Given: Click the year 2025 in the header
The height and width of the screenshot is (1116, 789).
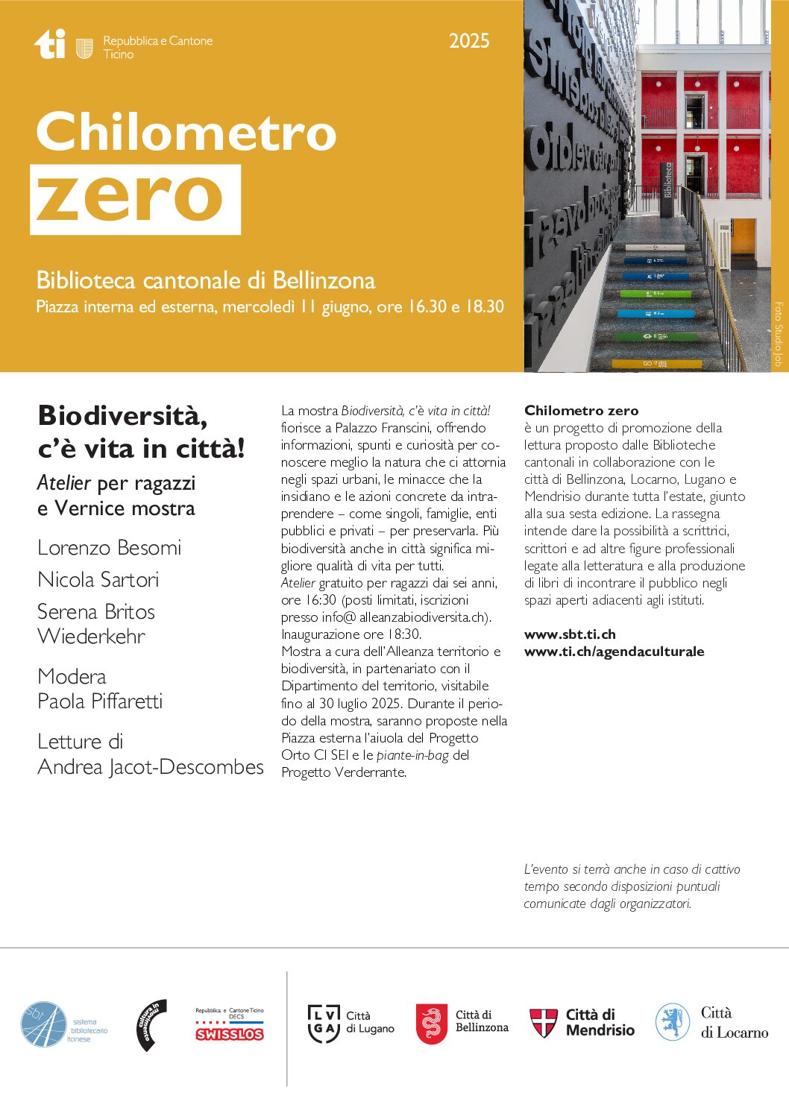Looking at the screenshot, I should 469,41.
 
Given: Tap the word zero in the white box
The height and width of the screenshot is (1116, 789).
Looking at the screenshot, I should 130,198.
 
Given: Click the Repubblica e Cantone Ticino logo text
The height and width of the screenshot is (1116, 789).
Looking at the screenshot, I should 157,47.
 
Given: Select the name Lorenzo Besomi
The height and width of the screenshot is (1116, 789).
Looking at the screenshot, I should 110,548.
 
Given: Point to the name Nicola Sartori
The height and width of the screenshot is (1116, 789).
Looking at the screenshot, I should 98,580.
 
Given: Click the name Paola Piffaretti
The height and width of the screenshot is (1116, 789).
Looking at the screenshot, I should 100,702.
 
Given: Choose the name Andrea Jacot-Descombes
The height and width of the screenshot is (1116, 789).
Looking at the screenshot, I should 151,767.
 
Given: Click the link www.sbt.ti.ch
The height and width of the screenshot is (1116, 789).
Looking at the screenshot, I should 570,634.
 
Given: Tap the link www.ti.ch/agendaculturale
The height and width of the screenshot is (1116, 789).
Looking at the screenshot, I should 614,652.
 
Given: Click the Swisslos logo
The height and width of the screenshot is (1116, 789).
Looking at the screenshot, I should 230,1033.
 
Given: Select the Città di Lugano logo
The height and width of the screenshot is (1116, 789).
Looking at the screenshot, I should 351,1023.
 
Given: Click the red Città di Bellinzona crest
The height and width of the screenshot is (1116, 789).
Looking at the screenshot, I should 432,1023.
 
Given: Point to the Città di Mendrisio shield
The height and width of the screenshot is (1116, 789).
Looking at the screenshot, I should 544,1023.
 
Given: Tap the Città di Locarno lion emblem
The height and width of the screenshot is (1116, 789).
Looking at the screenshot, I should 672,1022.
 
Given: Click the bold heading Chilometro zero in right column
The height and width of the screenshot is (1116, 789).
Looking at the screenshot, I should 581,411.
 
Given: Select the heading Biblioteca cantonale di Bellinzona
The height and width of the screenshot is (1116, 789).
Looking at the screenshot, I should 206,281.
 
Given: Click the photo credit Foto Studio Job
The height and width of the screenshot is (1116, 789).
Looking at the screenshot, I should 778,333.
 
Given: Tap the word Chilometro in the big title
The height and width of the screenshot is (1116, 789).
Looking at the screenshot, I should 186,132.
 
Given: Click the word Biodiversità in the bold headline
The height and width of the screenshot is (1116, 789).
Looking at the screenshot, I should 122,416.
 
